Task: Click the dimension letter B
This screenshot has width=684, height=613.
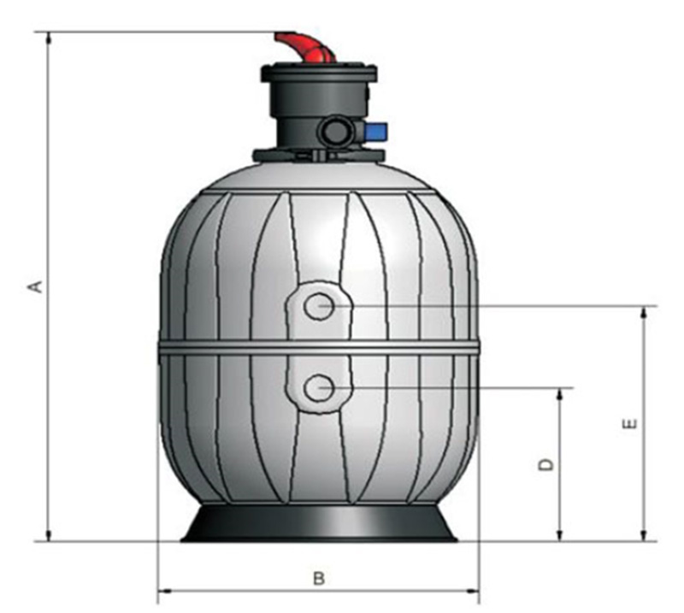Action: click(x=319, y=579)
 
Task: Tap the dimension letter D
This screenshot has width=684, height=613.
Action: click(x=545, y=464)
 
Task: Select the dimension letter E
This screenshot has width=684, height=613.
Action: click(x=630, y=424)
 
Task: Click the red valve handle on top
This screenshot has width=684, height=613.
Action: click(x=306, y=47)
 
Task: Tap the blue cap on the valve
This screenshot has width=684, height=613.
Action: click(x=376, y=130)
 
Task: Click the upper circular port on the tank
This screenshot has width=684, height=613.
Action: click(x=319, y=306)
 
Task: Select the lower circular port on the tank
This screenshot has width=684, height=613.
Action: click(x=319, y=387)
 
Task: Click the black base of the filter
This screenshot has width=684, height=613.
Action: click(x=319, y=523)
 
